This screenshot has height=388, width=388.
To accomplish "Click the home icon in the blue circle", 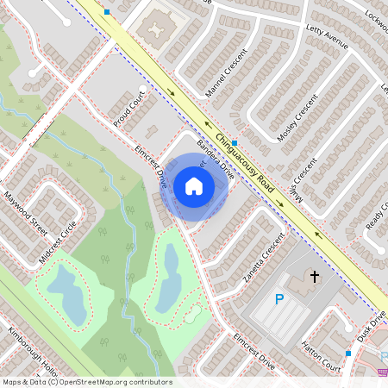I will pos(194,185).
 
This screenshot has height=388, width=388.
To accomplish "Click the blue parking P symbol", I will pos(278,299).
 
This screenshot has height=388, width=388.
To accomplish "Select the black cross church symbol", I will pos(315,277).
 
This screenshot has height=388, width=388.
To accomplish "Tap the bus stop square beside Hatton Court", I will pos(348,353).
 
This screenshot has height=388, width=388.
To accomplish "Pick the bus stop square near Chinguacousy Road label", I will pos(234,143).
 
